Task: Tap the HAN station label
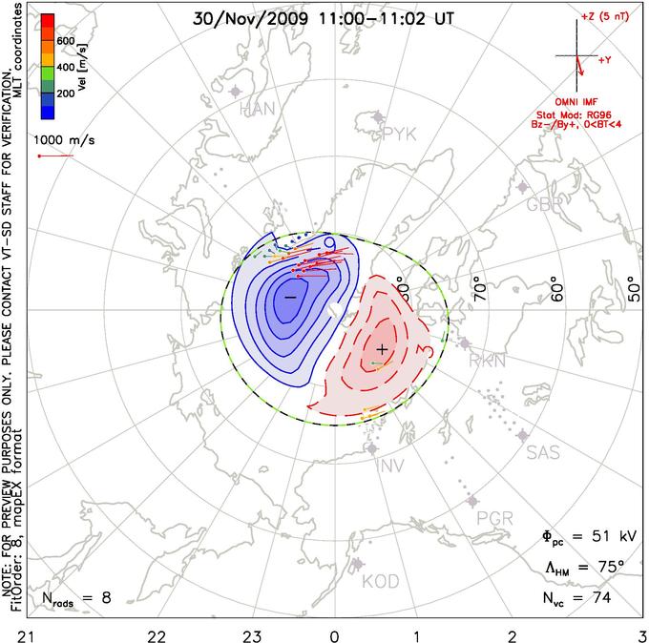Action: [x=258, y=109]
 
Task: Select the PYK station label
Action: [x=399, y=134]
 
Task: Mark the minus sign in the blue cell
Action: [x=290, y=298]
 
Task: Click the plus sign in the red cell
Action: [x=383, y=349]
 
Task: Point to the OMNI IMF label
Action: [x=581, y=101]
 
